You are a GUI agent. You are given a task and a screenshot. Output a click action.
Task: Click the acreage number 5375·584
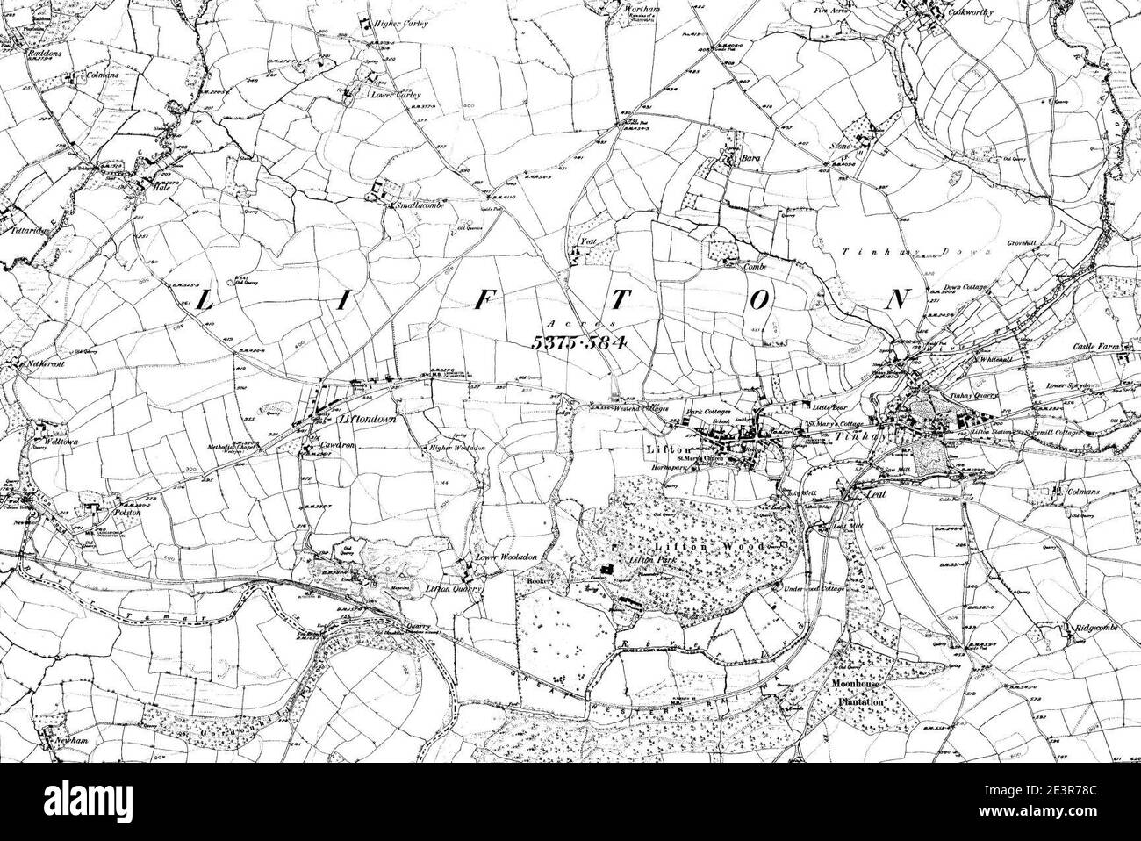(578, 342)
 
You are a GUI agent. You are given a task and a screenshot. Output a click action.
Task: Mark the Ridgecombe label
(1096, 629)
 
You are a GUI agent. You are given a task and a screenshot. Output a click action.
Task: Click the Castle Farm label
(1097, 349)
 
